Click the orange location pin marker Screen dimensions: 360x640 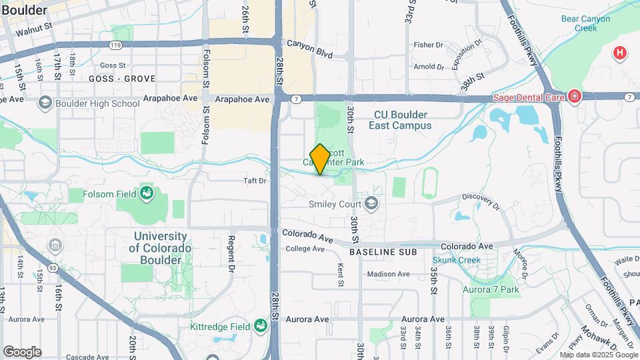click(x=320, y=159)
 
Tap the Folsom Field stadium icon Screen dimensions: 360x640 click(x=147, y=194)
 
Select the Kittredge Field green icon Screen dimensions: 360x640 click(x=260, y=326)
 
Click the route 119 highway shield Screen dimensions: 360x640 click(x=116, y=45)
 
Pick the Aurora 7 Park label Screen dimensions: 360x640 click(x=491, y=289)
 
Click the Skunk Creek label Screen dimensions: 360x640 click(x=456, y=260)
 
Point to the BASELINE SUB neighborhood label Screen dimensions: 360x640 click(x=383, y=252)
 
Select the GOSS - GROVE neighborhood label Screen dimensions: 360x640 click(x=122, y=79)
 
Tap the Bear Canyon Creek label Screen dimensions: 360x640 click(x=585, y=23)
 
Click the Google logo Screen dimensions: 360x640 click(x=22, y=352)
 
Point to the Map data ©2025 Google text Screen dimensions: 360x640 click(x=598, y=355)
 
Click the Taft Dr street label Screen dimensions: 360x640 click(x=255, y=181)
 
